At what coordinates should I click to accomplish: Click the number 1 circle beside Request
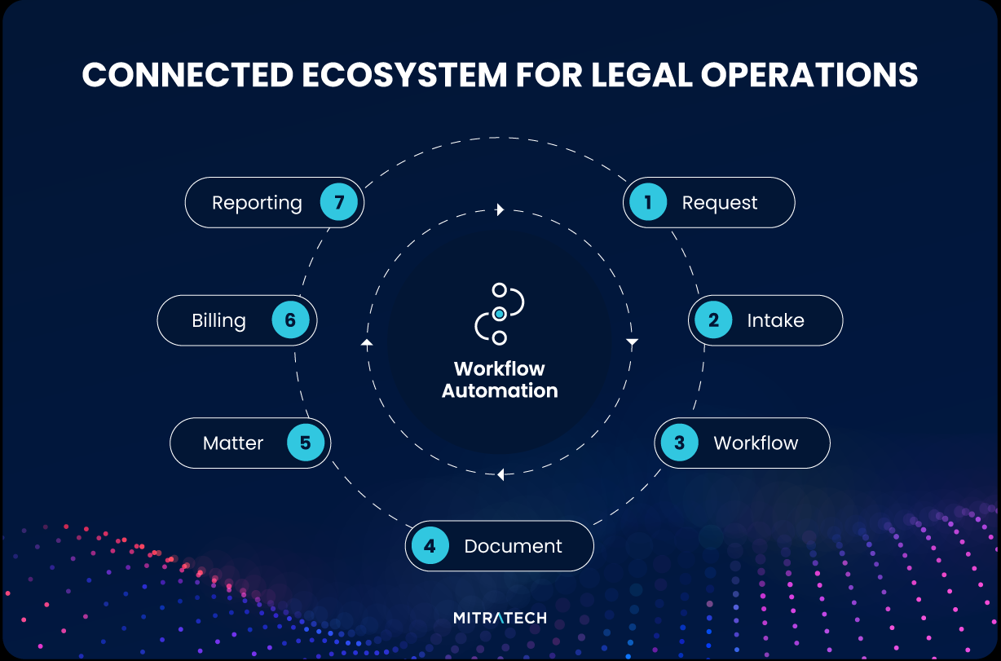(x=649, y=203)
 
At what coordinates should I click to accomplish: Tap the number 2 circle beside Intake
(x=713, y=320)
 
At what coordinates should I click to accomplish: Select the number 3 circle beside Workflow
(x=680, y=443)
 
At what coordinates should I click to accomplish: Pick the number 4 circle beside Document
(x=430, y=546)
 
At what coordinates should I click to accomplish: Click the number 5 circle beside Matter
(x=306, y=443)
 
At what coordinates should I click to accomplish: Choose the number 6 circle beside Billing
(x=290, y=320)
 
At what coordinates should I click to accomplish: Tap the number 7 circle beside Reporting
(x=339, y=203)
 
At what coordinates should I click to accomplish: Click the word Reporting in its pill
(x=257, y=203)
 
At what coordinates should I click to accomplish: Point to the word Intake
(x=775, y=320)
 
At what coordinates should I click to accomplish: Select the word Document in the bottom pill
(x=513, y=546)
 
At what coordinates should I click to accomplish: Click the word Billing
(x=218, y=320)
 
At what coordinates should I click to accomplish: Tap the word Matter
(x=233, y=443)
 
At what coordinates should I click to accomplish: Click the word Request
(x=720, y=203)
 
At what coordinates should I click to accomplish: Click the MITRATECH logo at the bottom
(x=500, y=618)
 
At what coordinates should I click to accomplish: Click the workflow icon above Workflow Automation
(x=499, y=314)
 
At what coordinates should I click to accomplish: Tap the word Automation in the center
(x=500, y=390)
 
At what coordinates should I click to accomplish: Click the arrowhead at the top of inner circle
(x=500, y=209)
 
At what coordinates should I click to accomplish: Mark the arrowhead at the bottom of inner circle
(x=500, y=474)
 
